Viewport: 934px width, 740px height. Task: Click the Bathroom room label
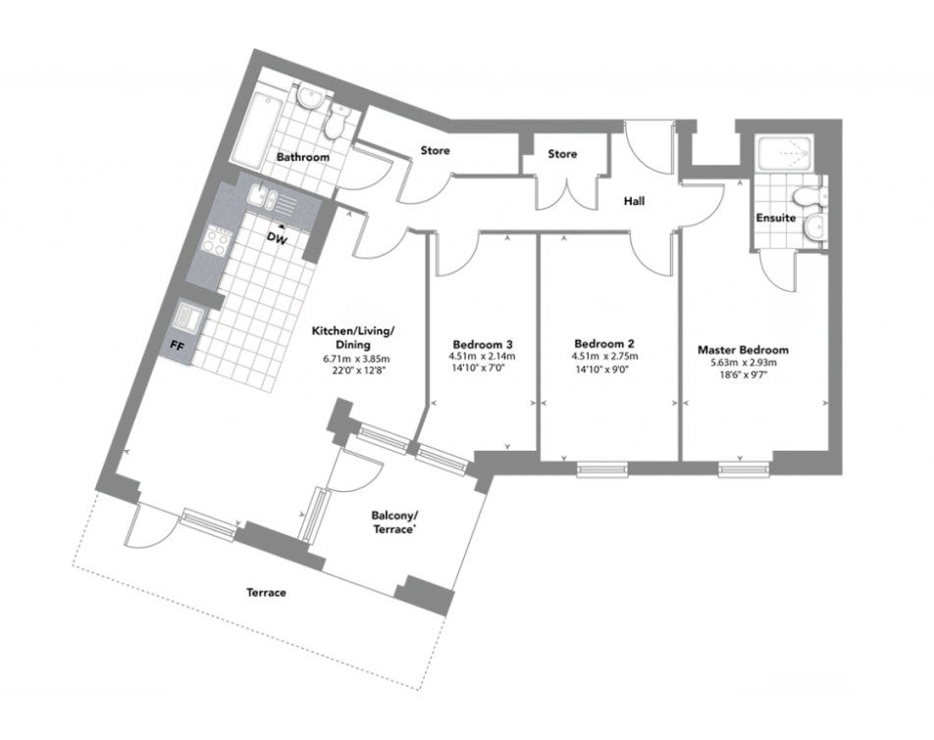point(302,157)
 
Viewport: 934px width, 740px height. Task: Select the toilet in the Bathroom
point(336,122)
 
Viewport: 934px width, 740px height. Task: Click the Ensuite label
point(775,218)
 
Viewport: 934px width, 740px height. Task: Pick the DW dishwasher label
point(277,239)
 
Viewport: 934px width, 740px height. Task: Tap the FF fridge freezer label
point(177,345)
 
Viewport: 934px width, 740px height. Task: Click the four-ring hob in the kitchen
point(216,240)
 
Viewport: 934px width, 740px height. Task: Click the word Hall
point(634,201)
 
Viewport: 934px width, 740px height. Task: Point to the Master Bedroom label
point(743,350)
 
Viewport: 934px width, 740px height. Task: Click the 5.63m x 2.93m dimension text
point(743,363)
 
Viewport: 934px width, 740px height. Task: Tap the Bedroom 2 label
point(604,344)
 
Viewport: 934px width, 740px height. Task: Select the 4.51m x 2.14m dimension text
point(482,357)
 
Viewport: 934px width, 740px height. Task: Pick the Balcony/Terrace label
point(392,521)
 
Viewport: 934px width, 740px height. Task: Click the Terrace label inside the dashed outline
point(266,592)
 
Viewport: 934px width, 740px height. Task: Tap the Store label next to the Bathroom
point(435,151)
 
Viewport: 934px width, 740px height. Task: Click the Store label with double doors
point(562,154)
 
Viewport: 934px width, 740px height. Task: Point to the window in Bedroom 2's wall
point(602,469)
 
